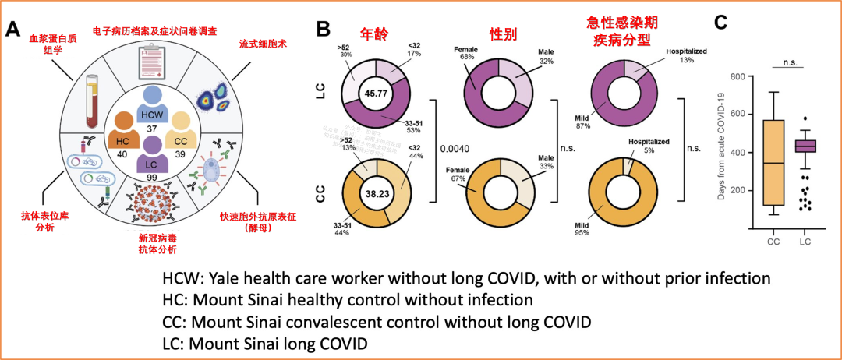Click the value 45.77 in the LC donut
(x=377, y=94)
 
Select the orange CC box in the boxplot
(x=773, y=162)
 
